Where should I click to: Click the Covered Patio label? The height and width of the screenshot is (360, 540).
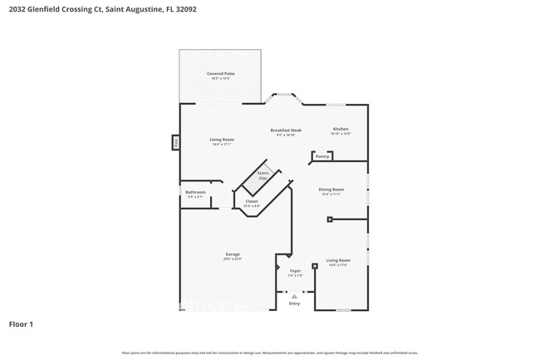220,74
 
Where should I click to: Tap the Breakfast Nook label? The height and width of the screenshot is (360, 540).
286,131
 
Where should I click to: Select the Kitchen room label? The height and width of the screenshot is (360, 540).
341,129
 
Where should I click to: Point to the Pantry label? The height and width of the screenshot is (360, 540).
322,156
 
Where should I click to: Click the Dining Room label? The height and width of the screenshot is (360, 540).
331,190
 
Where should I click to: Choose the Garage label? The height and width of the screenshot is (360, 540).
232,254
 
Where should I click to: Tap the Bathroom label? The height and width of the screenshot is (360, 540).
195,192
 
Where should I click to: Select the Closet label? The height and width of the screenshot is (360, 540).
251,201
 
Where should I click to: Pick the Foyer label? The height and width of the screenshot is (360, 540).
295,271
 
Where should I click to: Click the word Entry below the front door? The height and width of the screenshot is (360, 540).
294,303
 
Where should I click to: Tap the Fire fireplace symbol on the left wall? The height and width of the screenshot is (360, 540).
175,143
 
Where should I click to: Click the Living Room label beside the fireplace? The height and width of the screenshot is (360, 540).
221,140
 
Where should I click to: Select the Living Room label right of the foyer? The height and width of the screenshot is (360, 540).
336,260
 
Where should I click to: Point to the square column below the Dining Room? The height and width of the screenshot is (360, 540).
330,219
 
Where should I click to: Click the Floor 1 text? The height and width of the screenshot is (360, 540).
21,323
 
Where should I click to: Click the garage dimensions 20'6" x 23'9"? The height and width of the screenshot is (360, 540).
232,259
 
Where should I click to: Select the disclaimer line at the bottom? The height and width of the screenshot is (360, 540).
270,353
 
